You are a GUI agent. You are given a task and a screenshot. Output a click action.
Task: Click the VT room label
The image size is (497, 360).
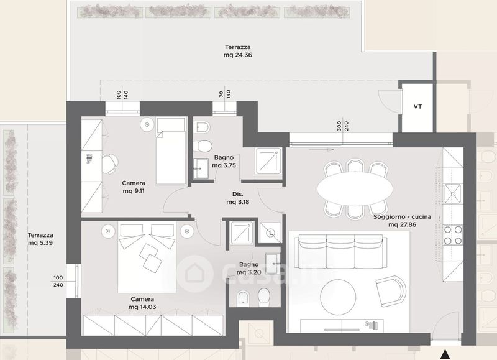[x=417, y=107]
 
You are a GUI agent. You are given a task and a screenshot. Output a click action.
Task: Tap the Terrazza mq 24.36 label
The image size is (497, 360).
[x=238, y=51]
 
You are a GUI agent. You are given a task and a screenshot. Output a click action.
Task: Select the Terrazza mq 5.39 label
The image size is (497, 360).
[x=40, y=239]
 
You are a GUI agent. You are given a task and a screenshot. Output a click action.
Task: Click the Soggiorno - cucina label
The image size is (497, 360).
[x=402, y=221]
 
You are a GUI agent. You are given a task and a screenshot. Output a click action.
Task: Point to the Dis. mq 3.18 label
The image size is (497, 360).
[x=238, y=198]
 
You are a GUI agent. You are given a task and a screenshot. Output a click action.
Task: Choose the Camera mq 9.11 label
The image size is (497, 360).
[x=134, y=187]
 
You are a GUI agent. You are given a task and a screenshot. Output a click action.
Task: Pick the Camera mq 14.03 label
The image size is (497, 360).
[x=142, y=303]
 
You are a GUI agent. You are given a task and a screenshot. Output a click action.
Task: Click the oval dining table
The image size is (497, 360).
[x=355, y=189]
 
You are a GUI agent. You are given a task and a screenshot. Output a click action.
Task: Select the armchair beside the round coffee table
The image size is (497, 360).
[x=391, y=291]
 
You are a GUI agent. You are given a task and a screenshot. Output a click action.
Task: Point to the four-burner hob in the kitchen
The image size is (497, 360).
[x=453, y=235]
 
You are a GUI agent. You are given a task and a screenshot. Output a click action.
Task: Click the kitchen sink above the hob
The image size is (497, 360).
[x=453, y=193]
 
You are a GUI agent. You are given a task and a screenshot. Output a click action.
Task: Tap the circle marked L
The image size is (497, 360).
[x=270, y=233]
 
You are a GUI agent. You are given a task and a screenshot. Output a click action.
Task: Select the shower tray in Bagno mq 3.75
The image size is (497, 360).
[x=268, y=161]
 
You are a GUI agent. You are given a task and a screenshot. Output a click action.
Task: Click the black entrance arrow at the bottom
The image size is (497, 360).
[x=445, y=354]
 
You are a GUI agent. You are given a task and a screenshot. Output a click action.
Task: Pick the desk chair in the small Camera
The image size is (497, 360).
[x=110, y=164]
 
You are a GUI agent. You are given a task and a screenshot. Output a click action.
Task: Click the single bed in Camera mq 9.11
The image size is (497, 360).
[x=170, y=151]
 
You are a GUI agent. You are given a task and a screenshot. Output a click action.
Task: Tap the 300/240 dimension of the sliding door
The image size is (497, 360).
[x=343, y=126]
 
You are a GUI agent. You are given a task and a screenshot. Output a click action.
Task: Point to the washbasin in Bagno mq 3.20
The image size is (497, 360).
[x=271, y=264]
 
